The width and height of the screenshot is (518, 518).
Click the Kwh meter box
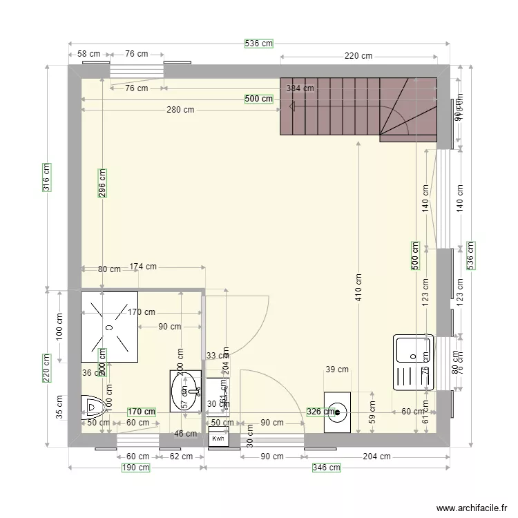pyautogui.click(x=218, y=438)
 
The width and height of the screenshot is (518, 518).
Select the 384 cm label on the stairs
pyautogui.click(x=300, y=88)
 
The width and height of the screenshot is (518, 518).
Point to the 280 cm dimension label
pyautogui.click(x=180, y=110)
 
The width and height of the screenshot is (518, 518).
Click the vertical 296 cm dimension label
pyautogui.click(x=102, y=184)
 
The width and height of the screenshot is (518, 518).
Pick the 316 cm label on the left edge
pyautogui.click(x=47, y=177)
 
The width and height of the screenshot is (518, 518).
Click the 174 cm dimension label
pyautogui.click(x=143, y=267)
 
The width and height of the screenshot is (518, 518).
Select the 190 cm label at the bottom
pyautogui.click(x=136, y=468)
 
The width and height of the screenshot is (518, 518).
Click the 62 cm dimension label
pyautogui.click(x=182, y=456)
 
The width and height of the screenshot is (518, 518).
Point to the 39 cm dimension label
pyautogui.click(x=337, y=370)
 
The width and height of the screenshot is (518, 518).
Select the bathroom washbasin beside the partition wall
pyautogui.click(x=185, y=391)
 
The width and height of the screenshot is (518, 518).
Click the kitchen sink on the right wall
pyautogui.click(x=412, y=363)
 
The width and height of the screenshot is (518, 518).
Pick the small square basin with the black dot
pyautogui.click(x=338, y=412)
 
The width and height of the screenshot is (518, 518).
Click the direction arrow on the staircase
pyautogui.click(x=293, y=106)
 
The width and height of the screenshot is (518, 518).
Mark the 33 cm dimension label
pyautogui.click(x=218, y=356)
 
